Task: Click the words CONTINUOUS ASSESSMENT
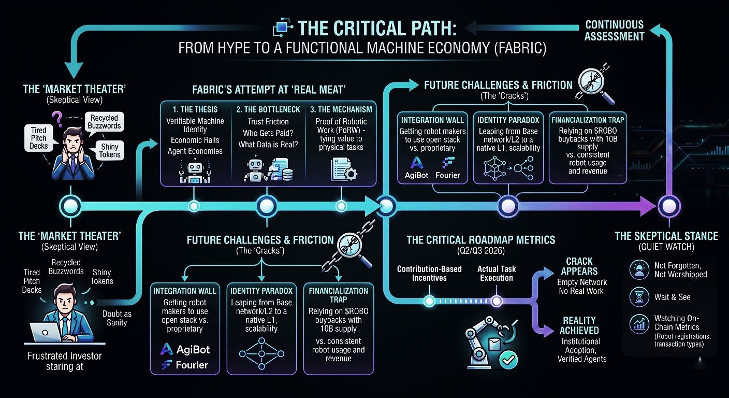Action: pyautogui.click(x=614, y=30)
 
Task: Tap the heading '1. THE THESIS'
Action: pyautogui.click(x=196, y=109)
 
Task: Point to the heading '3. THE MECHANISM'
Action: pyautogui.click(x=341, y=109)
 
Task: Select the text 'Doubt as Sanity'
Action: pyautogui.click(x=117, y=317)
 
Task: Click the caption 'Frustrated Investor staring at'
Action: pyautogui.click(x=65, y=361)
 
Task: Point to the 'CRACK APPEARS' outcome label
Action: pyautogui.click(x=579, y=266)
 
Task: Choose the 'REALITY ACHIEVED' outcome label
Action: pyautogui.click(x=579, y=325)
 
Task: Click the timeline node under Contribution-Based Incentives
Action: pyautogui.click(x=429, y=301)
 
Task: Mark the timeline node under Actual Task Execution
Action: pyautogui.click(x=496, y=301)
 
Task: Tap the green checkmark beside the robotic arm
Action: pyautogui.click(x=510, y=359)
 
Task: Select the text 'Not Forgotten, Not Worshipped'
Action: pyautogui.click(x=680, y=269)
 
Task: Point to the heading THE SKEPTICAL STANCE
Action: pyautogui.click(x=666, y=236)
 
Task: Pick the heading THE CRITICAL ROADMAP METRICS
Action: pyautogui.click(x=480, y=240)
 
